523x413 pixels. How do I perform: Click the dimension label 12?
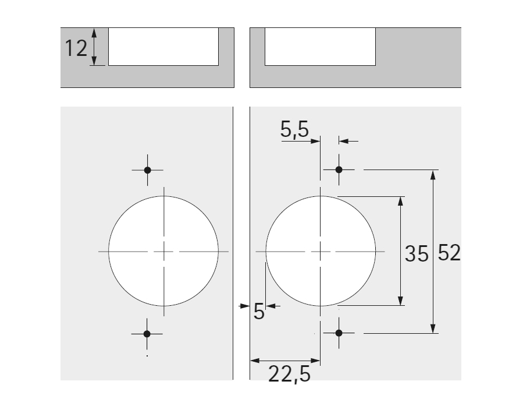coord(76,48)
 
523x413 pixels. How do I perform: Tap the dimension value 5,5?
coord(294,129)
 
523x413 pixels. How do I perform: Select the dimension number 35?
coord(417,253)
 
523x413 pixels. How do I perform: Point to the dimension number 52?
coord(449,252)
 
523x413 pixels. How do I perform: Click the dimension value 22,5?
coord(289,374)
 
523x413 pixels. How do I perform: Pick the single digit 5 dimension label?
coord(259,311)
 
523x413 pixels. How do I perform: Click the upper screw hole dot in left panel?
coord(147,170)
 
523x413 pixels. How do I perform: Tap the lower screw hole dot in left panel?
coord(147,334)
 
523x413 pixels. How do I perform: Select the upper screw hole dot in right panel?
coord(339,170)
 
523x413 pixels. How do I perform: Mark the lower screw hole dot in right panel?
coord(339,333)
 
